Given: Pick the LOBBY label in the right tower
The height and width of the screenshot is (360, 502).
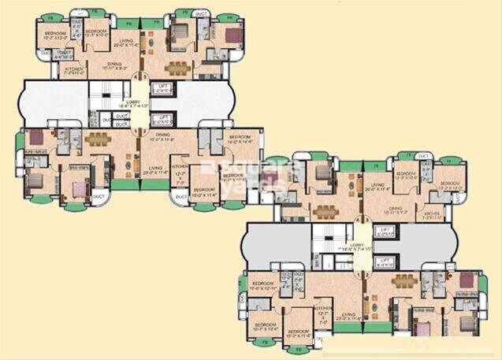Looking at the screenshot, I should point(356,247).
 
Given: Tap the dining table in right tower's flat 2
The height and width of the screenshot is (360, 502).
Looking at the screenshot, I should point(404,281).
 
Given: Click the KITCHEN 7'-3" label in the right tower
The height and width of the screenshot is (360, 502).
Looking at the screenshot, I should point(432,214).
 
